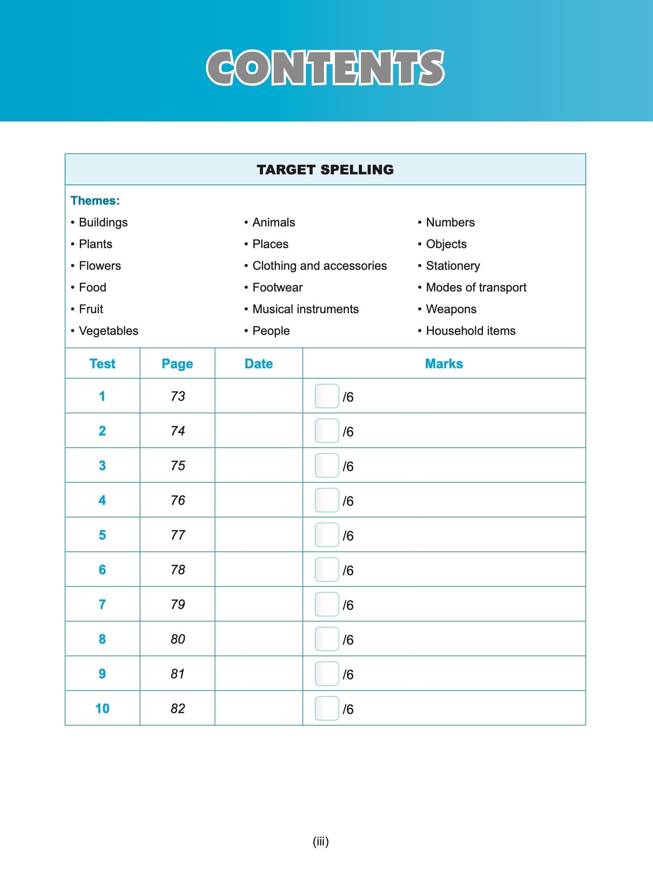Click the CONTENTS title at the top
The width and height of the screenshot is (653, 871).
coord(325,68)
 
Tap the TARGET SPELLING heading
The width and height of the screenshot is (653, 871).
coord(325,170)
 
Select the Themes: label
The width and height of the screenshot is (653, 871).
coord(95,200)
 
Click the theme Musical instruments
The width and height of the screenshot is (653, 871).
coord(305,309)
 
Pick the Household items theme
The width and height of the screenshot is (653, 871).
coord(470,331)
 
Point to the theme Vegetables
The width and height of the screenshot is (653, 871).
coord(108,331)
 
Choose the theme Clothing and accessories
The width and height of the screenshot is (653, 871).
coord(319,265)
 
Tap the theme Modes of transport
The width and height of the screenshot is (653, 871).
coord(476,287)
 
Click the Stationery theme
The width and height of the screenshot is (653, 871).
coord(453,265)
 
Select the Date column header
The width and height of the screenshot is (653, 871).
coord(259,363)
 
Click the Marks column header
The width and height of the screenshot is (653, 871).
coord(444,363)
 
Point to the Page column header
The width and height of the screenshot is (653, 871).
coord(177,363)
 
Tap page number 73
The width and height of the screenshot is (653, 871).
coord(177,396)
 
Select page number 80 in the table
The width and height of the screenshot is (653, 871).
coord(177,639)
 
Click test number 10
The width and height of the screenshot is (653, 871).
coord(102,708)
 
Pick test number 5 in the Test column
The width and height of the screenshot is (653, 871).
coord(102,535)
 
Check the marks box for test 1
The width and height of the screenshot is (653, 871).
coord(327,396)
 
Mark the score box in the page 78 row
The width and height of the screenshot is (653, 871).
coord(327,570)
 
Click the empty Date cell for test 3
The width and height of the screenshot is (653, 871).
coord(259,465)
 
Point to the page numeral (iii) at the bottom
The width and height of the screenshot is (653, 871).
coord(321,842)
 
